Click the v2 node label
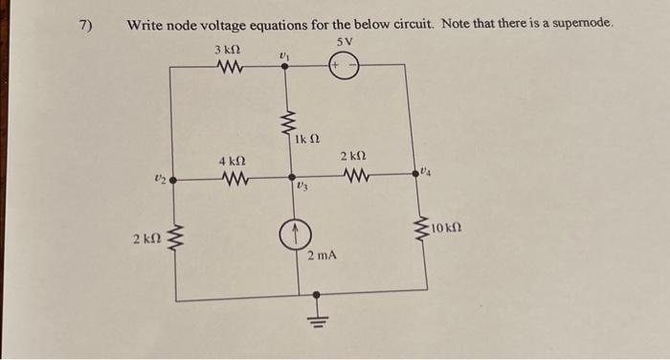pyautogui.click(x=161, y=176)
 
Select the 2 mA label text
pyautogui.click(x=323, y=257)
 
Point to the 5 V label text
pyautogui.click(x=346, y=41)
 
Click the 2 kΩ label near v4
pyautogui.click(x=353, y=155)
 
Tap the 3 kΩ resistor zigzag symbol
pyautogui.click(x=230, y=66)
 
